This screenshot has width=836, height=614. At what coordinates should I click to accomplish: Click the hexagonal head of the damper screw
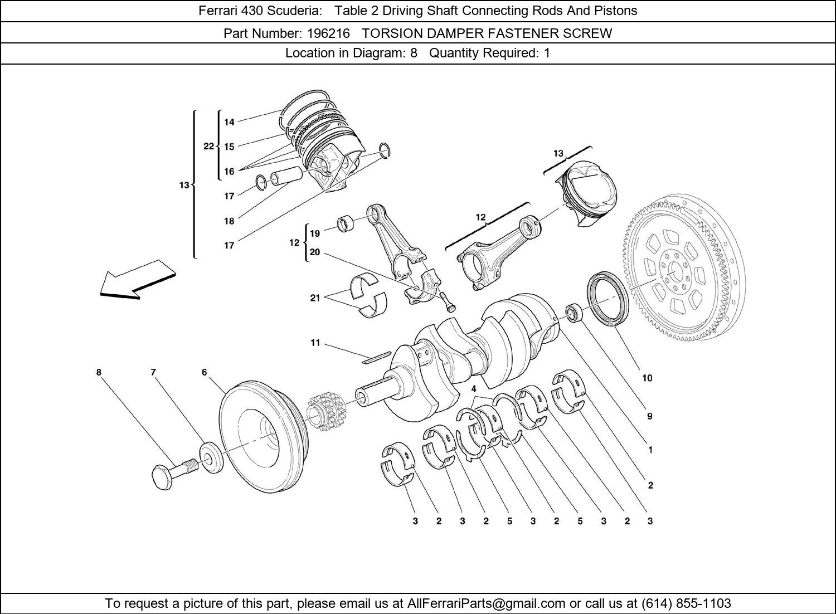coord(162,477)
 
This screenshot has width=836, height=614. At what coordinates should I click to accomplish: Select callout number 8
coord(99,372)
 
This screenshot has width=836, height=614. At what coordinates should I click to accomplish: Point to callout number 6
coord(205,372)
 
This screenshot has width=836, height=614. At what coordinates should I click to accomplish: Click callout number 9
coord(649,416)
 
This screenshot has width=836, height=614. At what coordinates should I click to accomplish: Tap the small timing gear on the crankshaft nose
coord(327,413)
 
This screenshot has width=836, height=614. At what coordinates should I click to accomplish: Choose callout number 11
coord(315,343)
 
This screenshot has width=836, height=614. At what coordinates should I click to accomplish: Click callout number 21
coord(315,298)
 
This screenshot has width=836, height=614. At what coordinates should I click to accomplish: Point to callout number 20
coord(315,252)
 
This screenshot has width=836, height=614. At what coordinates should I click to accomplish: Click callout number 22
coord(208,146)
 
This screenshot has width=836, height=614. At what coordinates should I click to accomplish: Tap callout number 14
coord(229,122)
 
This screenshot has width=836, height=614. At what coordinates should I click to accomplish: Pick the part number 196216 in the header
coord(328,33)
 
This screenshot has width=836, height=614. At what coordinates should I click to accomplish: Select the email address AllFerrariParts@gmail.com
coord(487,603)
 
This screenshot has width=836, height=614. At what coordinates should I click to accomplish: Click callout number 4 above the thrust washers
coord(474,389)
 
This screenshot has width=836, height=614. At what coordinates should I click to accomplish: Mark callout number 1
coord(650,450)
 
